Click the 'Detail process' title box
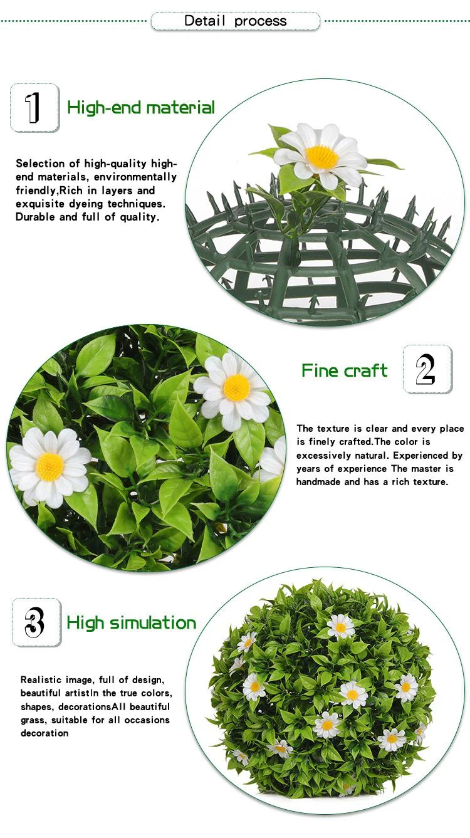(235, 21)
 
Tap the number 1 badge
(34, 108)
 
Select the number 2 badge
(428, 369)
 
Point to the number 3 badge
(36, 622)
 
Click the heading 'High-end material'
(141, 108)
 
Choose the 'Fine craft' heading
(345, 370)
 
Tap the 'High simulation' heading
(131, 623)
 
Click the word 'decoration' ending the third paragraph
(44, 733)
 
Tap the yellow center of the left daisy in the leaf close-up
(50, 466)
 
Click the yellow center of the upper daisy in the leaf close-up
(236, 387)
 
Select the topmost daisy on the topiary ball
(340, 627)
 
